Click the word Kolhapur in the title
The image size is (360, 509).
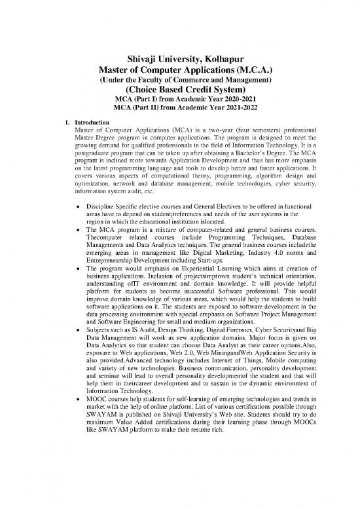click(220, 56)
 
